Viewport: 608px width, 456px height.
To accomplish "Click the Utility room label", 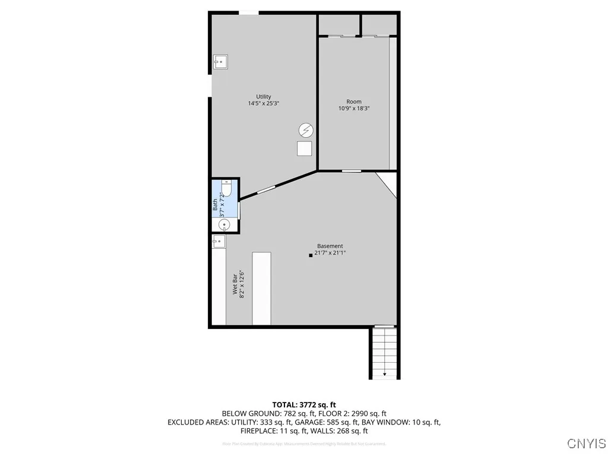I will pyautogui.click(x=264, y=97).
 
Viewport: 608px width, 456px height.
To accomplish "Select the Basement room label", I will pyautogui.click(x=330, y=246).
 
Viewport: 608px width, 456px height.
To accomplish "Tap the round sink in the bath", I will pyautogui.click(x=224, y=224).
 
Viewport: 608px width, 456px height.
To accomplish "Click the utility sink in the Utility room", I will pyautogui.click(x=220, y=61).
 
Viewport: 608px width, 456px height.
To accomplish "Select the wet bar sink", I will pyautogui.click(x=218, y=240).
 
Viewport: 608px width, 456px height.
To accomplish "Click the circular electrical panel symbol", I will pyautogui.click(x=305, y=130).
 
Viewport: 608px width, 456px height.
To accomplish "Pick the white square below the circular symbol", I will pyautogui.click(x=305, y=148).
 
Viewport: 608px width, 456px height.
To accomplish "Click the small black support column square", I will pyautogui.click(x=311, y=256).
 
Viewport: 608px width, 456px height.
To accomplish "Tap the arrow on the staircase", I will pyautogui.click(x=385, y=374).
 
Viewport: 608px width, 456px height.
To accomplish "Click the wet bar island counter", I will pyautogui.click(x=261, y=289).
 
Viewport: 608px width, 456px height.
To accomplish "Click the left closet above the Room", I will pyautogui.click(x=339, y=25).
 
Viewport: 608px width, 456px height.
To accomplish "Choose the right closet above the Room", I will pyautogui.click(x=379, y=25).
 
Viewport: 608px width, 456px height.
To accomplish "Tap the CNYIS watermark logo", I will pyautogui.click(x=586, y=444).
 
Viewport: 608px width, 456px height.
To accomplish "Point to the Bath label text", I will pyautogui.click(x=216, y=205).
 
